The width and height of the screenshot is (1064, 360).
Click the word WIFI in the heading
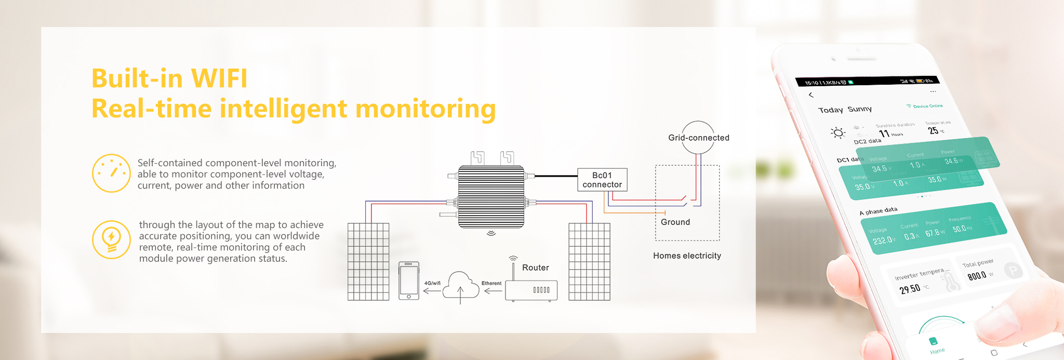(219, 78)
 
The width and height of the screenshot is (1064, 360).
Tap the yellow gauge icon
(111, 173)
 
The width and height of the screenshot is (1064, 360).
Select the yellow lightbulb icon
(111, 239)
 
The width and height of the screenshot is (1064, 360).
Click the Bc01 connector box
(602, 180)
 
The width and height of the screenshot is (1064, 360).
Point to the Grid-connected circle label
(698, 138)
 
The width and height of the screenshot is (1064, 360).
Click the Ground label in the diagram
(675, 222)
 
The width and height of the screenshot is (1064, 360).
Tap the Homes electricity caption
(687, 256)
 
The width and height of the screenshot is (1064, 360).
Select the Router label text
(535, 268)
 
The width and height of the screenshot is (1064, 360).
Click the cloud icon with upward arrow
(460, 286)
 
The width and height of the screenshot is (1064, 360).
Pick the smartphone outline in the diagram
(409, 281)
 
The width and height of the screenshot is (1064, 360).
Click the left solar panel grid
(368, 262)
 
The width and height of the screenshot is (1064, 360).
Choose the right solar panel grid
(589, 262)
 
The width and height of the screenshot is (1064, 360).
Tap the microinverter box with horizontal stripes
(491, 196)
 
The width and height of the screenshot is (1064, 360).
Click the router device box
(531, 290)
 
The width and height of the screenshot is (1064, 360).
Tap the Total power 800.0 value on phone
(977, 275)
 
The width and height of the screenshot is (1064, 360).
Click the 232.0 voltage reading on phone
(883, 241)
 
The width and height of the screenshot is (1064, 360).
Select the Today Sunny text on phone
(845, 110)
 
